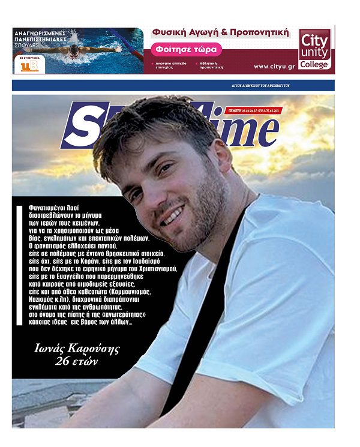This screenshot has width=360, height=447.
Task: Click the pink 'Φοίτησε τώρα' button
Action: point(187,49)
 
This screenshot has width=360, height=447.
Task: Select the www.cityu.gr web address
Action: point(273,67)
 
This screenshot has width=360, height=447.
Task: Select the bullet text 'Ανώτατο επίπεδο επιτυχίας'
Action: point(172,65)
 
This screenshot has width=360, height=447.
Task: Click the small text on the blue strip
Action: point(260,86)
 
